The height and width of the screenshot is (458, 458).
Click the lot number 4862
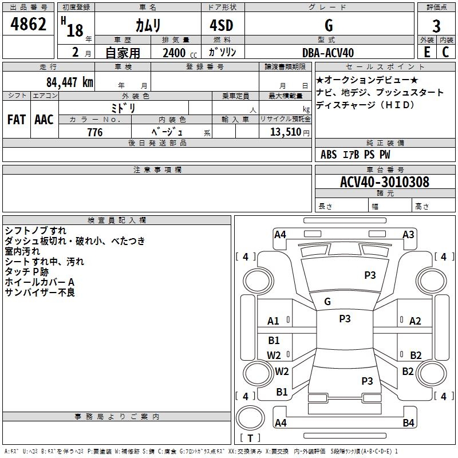pyautogui.click(x=28, y=25)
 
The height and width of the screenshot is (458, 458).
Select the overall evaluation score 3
pyautogui.click(x=436, y=26)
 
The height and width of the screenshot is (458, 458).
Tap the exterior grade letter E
pyautogui.click(x=427, y=52)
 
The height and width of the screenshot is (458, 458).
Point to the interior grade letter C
pyautogui.click(x=445, y=52)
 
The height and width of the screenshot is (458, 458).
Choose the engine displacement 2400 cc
pyautogui.click(x=174, y=53)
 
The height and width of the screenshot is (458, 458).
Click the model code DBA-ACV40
pyautogui.click(x=328, y=53)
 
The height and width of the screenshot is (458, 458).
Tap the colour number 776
pyautogui.click(x=94, y=132)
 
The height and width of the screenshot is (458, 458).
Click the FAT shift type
pyautogui.click(x=16, y=120)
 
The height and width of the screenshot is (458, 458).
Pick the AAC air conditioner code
pyautogui.click(x=44, y=120)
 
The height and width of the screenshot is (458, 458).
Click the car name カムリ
pyautogui.click(x=148, y=26)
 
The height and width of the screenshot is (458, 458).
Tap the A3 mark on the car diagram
pyautogui.click(x=408, y=234)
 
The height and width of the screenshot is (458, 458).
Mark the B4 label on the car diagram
pyautogui.click(x=408, y=423)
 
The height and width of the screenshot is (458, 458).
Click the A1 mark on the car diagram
pyautogui.click(x=274, y=321)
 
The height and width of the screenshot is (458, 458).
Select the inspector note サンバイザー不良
pyautogui.click(x=40, y=293)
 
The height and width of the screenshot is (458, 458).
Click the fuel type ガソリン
pyautogui.click(x=223, y=52)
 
